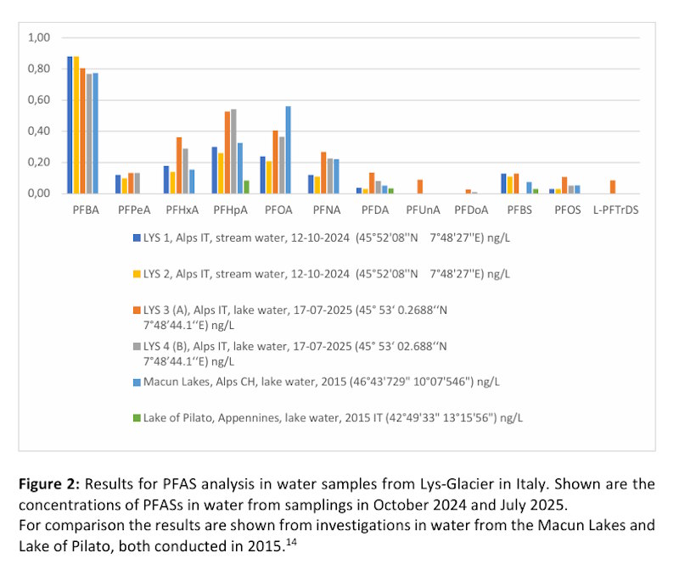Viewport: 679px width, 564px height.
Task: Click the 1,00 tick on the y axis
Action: [x=40, y=37]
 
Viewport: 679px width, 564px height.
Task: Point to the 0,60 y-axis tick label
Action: [x=40, y=100]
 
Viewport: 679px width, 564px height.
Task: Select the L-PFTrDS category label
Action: [x=615, y=209]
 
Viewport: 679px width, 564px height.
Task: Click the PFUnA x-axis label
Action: [x=421, y=209]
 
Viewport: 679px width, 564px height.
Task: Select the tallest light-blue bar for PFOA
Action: [x=288, y=149]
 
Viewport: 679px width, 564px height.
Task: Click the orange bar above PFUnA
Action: [x=419, y=187]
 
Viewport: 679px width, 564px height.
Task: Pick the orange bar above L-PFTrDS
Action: [x=613, y=187]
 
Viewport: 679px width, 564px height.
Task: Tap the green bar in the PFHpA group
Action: [x=246, y=187]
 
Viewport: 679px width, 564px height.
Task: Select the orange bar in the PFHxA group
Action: [x=179, y=165]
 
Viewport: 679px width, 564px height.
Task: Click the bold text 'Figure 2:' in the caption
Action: [x=49, y=484]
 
